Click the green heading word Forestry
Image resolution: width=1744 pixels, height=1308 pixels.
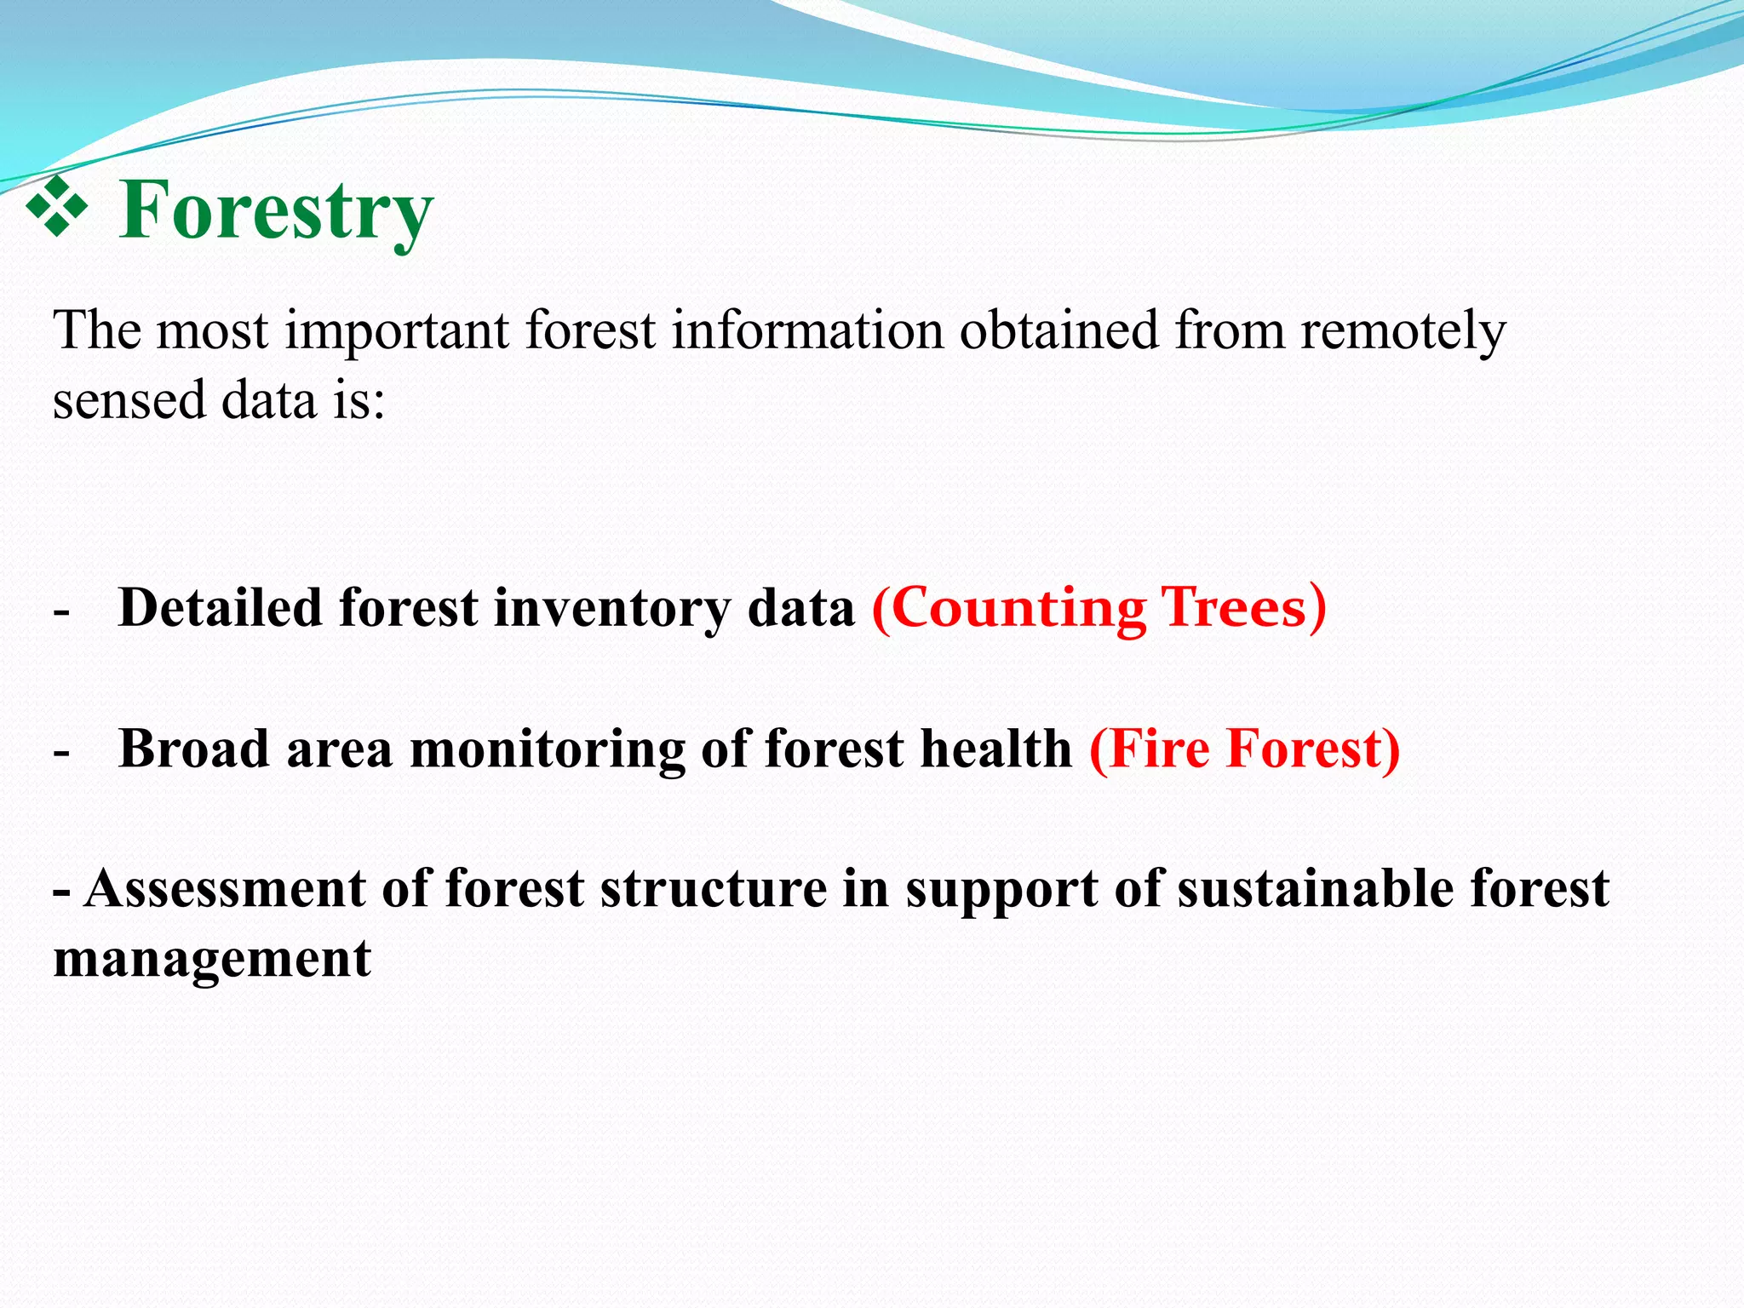tap(276, 209)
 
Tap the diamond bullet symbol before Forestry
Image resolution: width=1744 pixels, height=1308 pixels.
tap(57, 206)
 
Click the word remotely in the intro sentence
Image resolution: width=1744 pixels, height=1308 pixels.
tap(1403, 330)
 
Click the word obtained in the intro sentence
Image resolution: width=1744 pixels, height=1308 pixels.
tap(1059, 330)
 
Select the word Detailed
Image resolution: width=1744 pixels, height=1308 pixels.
tap(221, 608)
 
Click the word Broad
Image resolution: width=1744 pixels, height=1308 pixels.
tap(193, 749)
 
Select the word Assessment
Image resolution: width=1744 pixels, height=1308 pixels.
tap(225, 889)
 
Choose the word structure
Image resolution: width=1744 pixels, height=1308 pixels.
tap(714, 889)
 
